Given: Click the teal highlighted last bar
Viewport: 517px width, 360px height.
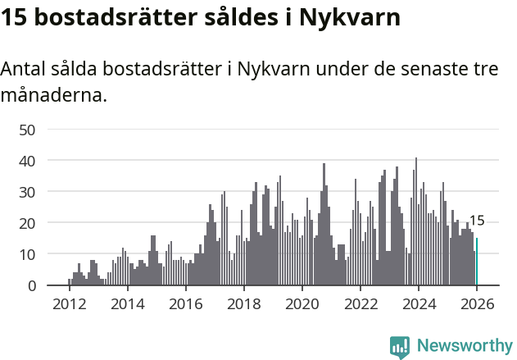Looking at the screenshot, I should click(x=477, y=262).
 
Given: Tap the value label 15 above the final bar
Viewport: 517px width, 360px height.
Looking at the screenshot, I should click(x=476, y=221).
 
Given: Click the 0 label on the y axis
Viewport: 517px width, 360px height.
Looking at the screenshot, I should click(x=32, y=285).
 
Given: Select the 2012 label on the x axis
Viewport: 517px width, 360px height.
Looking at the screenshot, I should click(x=69, y=303).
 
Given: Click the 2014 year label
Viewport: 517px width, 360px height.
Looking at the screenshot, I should click(x=127, y=303).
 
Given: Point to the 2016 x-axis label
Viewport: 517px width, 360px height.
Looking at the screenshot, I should click(x=185, y=303).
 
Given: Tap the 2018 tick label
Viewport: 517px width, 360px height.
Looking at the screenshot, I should click(x=243, y=303).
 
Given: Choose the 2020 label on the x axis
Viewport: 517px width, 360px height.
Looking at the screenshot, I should click(x=302, y=303).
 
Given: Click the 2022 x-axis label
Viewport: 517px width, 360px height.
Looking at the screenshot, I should click(x=361, y=303).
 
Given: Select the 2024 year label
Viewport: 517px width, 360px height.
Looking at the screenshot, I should click(x=419, y=303).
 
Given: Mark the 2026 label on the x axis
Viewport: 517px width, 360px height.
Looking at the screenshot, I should click(x=477, y=303).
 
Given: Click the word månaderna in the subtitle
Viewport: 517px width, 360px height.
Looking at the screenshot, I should click(x=53, y=95).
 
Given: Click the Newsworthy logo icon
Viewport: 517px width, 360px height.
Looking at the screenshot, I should click(x=400, y=347).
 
